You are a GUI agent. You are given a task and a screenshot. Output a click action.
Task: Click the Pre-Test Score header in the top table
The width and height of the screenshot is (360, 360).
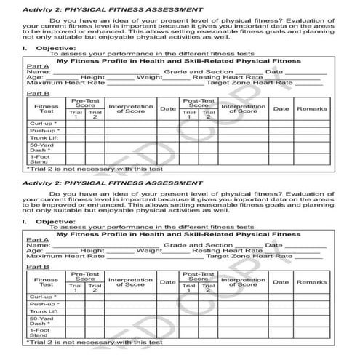86,103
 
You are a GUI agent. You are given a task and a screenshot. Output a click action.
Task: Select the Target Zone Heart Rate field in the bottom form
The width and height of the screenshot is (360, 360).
305,256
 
